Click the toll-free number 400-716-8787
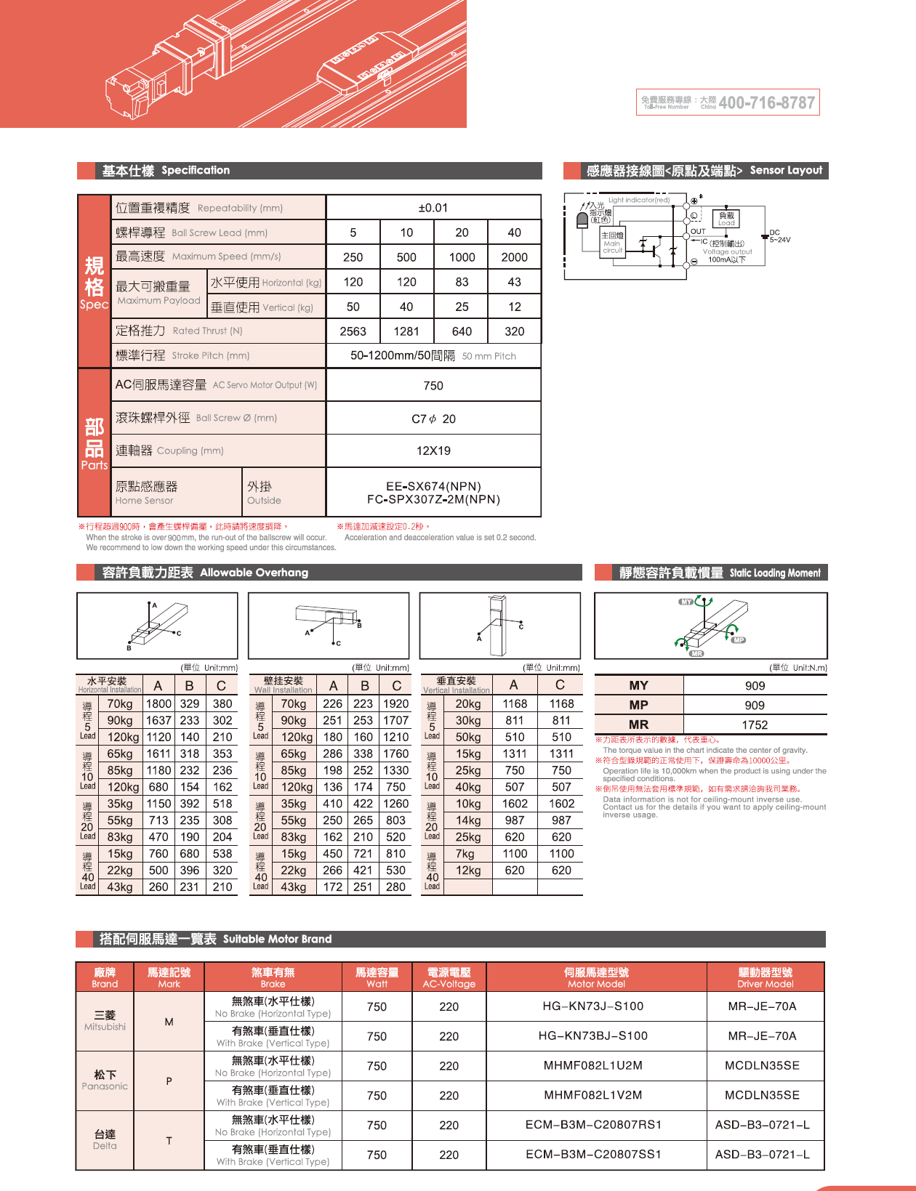(766, 103)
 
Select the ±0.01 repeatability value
(433, 208)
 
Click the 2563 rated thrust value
(353, 331)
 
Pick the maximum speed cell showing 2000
(514, 257)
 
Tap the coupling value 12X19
(433, 451)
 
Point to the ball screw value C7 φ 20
(433, 419)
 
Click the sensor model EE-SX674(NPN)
(433, 486)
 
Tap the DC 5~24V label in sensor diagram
(779, 236)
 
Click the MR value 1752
(755, 724)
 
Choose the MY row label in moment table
(638, 685)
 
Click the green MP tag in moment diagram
(739, 640)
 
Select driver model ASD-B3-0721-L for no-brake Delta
(763, 1125)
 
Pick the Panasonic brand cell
(105, 1080)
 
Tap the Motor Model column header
(596, 977)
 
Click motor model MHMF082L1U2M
(592, 1065)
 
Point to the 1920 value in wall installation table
(395, 703)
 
